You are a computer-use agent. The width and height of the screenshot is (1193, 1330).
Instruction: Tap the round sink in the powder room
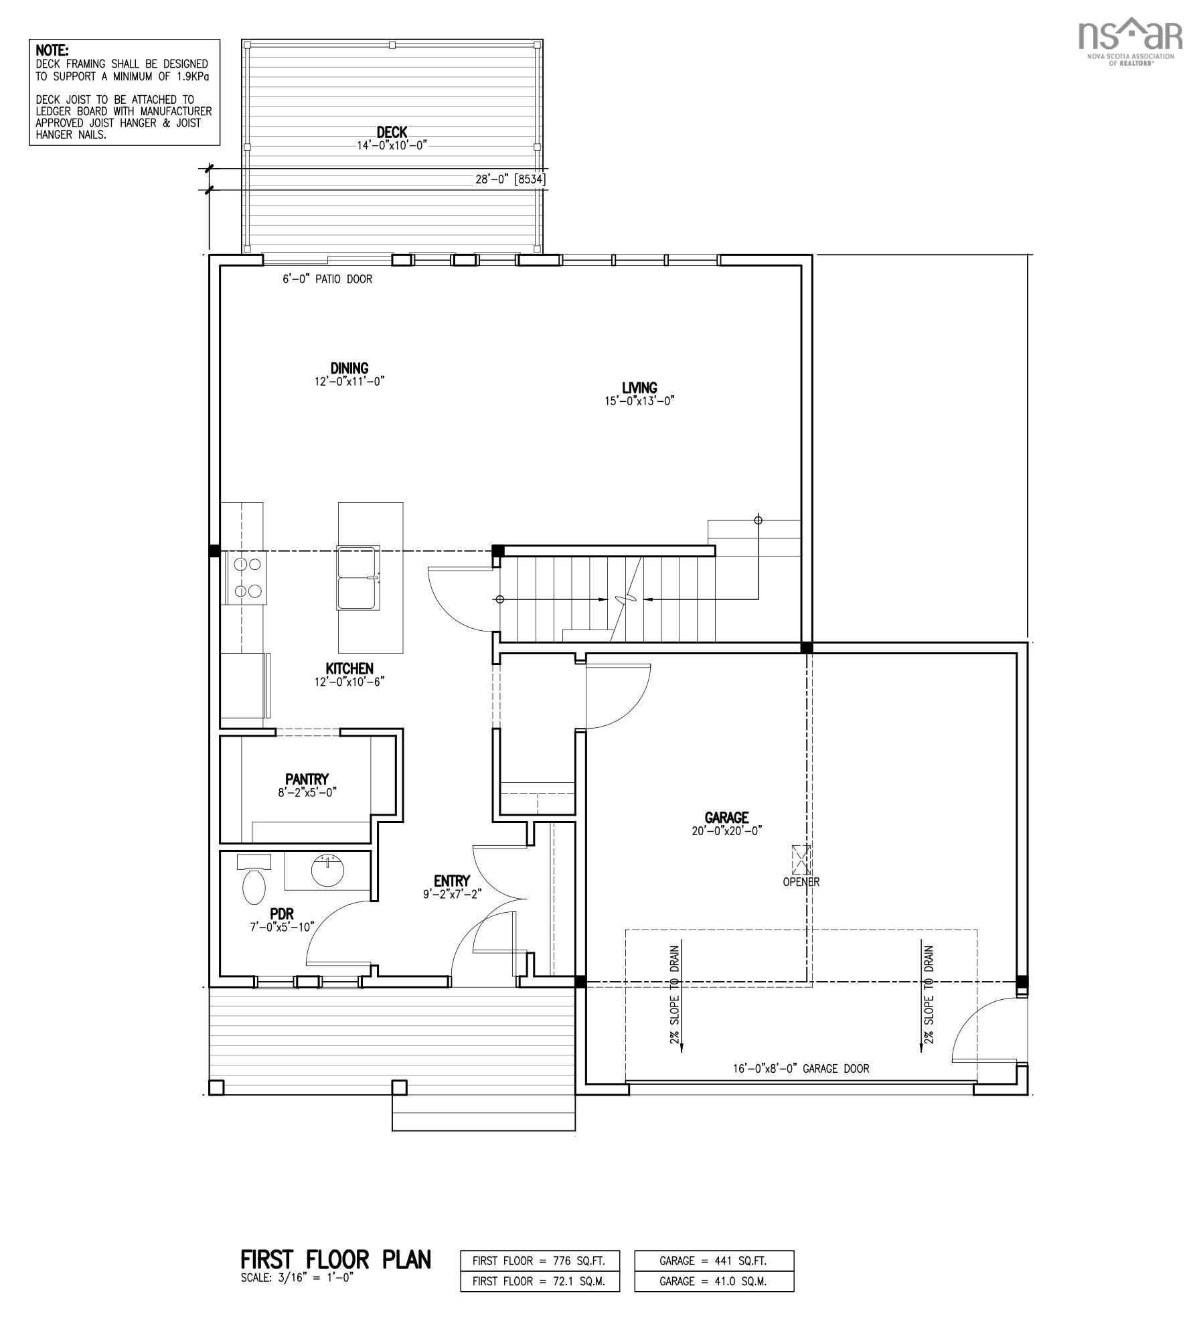click(x=328, y=870)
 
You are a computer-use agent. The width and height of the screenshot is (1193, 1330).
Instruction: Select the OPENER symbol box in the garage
click(x=801, y=859)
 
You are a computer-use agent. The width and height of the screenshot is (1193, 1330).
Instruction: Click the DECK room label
click(x=392, y=133)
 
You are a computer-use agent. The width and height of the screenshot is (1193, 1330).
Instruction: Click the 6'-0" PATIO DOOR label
click(x=327, y=279)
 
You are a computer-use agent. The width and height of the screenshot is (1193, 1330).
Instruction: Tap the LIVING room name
click(x=639, y=388)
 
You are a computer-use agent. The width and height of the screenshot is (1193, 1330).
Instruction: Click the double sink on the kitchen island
click(x=358, y=578)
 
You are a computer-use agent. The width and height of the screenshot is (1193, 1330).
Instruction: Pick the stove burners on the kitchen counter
click(x=246, y=577)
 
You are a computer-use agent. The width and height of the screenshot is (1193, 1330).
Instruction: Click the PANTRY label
click(x=307, y=779)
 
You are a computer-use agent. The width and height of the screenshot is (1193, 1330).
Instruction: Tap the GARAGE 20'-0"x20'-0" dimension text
click(x=727, y=830)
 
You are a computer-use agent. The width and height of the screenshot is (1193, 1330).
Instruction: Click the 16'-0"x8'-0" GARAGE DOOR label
click(x=801, y=1069)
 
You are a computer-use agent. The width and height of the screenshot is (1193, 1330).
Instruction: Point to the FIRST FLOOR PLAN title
click(x=335, y=1260)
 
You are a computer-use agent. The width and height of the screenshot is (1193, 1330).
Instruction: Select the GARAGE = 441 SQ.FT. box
click(x=714, y=1260)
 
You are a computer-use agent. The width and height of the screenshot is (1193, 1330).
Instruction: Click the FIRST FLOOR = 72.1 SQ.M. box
click(x=540, y=1281)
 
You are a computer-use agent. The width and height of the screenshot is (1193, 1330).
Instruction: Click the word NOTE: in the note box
click(x=52, y=50)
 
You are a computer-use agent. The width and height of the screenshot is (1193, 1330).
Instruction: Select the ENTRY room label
click(x=452, y=881)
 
